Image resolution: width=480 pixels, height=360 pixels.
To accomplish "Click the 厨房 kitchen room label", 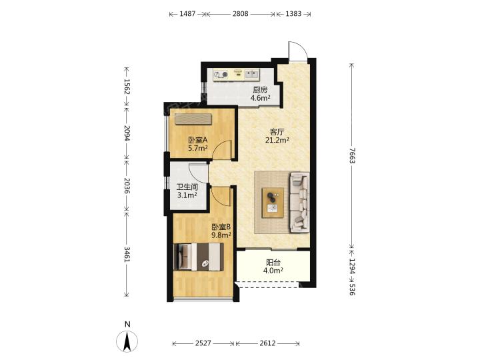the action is [260, 90].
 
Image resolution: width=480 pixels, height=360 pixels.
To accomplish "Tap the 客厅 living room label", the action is [277, 132].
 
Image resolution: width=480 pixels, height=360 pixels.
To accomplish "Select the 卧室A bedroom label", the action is [198, 140].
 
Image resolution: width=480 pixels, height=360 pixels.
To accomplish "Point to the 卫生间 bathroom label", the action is [187, 187].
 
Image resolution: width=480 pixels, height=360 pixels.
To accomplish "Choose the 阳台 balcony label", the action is [273, 263].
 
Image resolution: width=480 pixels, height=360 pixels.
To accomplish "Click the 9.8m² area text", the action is [221, 235].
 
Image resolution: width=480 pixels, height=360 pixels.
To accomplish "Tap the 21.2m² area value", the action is [277, 140].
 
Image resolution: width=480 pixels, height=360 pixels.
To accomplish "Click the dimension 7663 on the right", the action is [352, 155].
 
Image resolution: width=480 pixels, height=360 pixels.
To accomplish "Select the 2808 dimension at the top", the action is [240, 14].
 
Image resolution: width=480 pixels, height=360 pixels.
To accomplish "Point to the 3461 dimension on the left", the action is [127, 254].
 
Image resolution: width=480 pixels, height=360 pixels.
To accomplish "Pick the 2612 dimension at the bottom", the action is [267, 343].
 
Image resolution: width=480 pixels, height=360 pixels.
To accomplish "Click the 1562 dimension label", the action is [127, 87].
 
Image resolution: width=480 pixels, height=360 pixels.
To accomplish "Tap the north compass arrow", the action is [127, 341].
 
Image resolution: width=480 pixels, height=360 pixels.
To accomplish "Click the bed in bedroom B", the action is [199, 257].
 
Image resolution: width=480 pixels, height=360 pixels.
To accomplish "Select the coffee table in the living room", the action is [273, 203].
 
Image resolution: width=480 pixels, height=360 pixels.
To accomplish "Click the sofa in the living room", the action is [299, 202].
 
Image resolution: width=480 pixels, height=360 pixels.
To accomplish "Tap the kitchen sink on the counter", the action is [251, 74].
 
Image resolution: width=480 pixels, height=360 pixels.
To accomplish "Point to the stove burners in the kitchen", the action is [221, 75].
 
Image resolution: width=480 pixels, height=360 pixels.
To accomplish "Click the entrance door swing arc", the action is [297, 49].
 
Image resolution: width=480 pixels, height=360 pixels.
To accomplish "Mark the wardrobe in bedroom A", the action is [193, 119].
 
